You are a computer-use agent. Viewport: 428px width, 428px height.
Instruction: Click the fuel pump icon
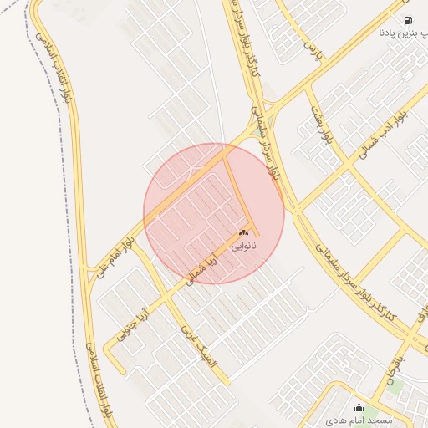(407, 20)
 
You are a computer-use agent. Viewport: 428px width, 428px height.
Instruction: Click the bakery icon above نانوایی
(243, 233)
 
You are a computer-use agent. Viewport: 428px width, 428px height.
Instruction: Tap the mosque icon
(359, 408)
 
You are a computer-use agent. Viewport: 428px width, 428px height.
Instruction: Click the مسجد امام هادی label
(359, 420)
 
